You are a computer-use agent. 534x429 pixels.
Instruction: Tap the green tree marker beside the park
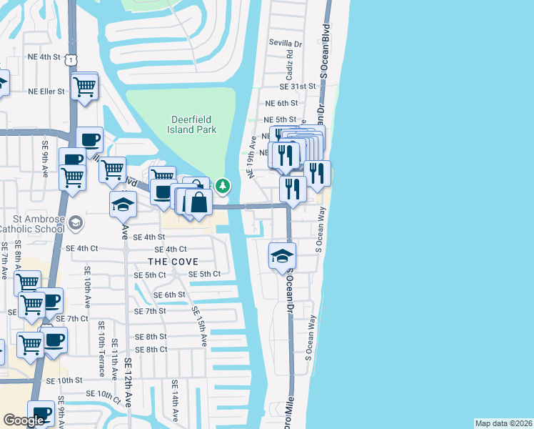(223, 186)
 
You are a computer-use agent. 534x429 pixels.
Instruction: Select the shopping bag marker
(199, 203)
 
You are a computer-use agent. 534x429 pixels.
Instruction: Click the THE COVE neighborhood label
(171, 262)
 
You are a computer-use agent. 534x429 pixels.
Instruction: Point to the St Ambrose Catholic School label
(33, 224)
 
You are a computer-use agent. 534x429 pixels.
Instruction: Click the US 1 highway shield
(71, 62)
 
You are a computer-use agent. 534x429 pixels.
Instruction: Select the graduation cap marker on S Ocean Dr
(282, 256)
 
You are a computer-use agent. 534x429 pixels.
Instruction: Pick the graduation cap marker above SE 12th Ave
(124, 204)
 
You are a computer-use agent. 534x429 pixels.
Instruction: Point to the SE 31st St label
(298, 86)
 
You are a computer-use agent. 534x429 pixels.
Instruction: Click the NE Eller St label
(46, 92)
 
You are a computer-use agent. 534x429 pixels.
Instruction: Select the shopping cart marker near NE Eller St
(85, 87)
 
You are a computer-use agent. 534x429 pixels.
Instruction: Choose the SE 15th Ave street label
(199, 326)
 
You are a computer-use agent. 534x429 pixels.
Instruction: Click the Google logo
(24, 420)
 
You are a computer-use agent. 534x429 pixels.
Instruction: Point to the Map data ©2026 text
(503, 423)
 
